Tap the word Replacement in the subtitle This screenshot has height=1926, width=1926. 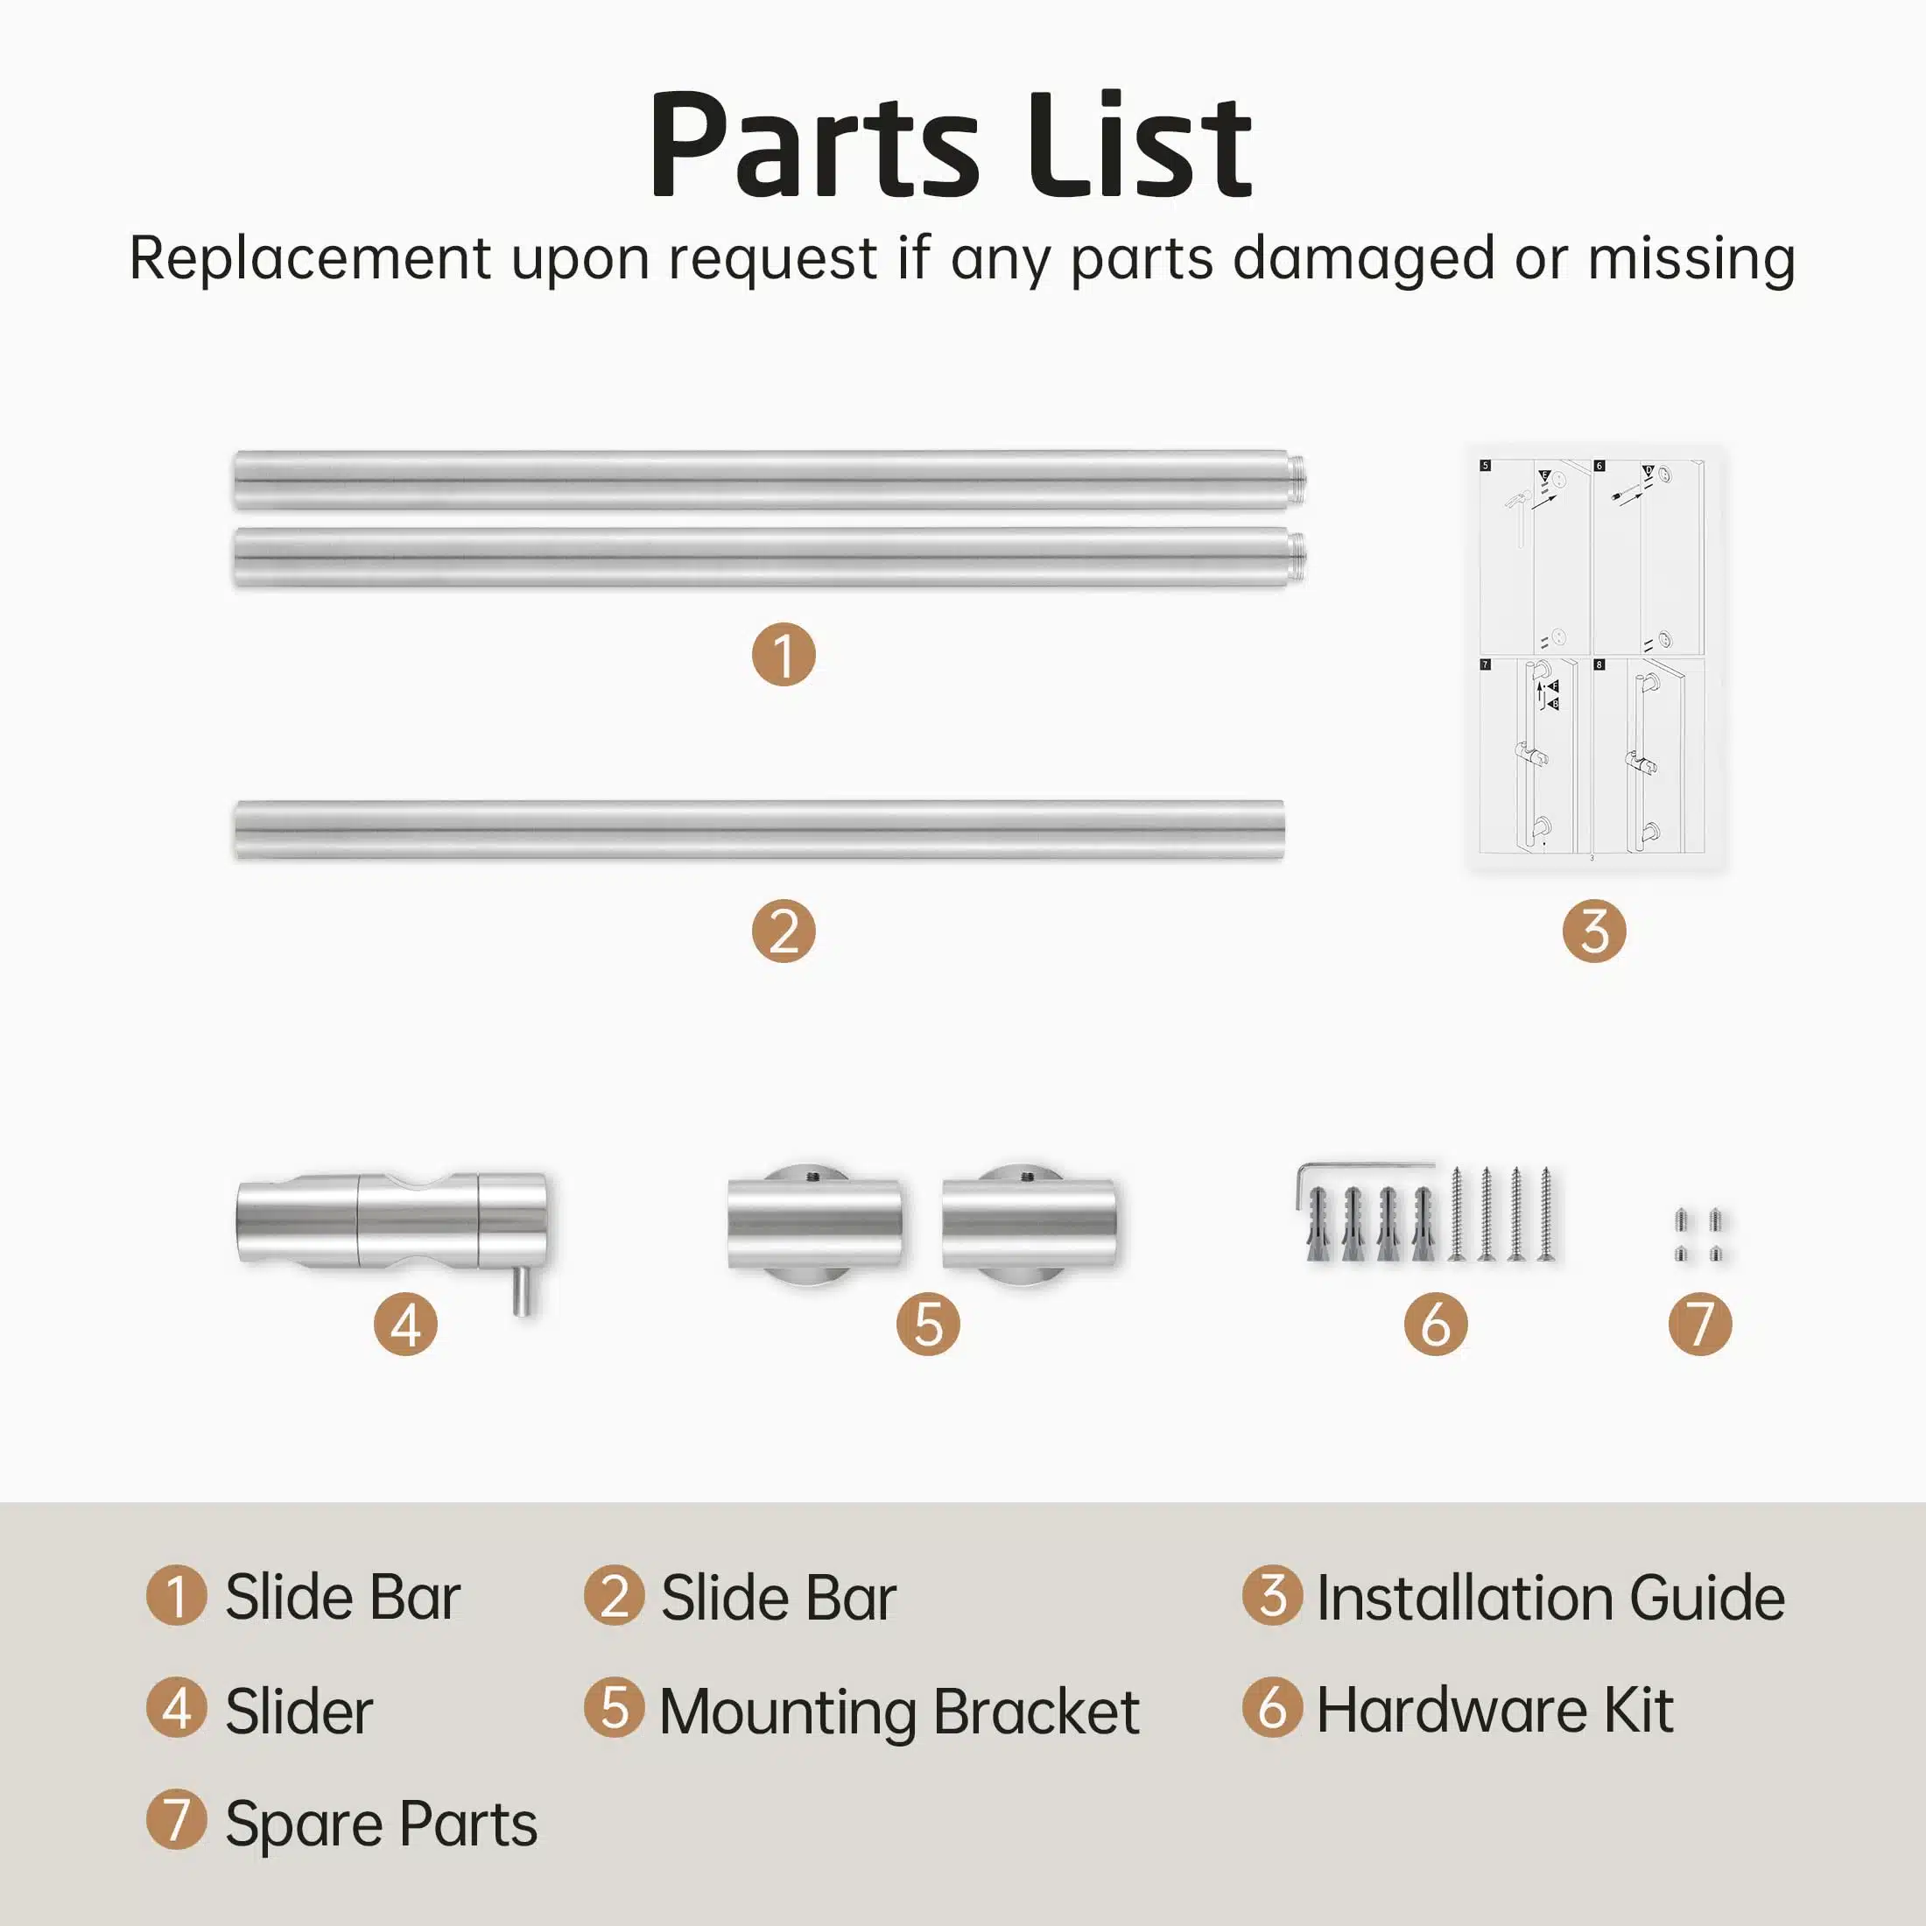pyautogui.click(x=310, y=258)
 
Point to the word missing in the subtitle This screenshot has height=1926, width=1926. pyautogui.click(x=1691, y=258)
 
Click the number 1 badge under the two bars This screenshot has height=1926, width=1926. pyautogui.click(x=784, y=655)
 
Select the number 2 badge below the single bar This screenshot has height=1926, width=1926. pyautogui.click(x=784, y=931)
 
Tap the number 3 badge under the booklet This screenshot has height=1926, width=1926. pyautogui.click(x=1594, y=931)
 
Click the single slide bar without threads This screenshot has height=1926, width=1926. pyautogui.click(x=760, y=829)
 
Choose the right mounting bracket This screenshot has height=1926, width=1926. pyautogui.click(x=1030, y=1224)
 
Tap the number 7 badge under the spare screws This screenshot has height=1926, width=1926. pyautogui.click(x=1700, y=1324)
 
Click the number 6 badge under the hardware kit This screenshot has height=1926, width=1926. pyautogui.click(x=1436, y=1324)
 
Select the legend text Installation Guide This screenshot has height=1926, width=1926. pyautogui.click(x=1550, y=1597)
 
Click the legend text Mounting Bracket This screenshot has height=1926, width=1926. pyautogui.click(x=899, y=1711)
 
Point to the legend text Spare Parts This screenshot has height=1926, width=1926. pyautogui.click(x=381, y=1824)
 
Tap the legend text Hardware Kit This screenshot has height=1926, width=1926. pyautogui.click(x=1494, y=1710)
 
